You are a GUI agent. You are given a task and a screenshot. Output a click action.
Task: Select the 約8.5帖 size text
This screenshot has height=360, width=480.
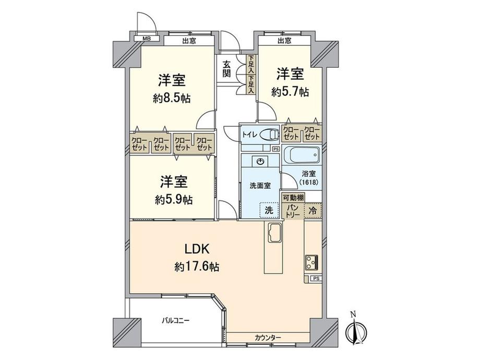pyautogui.click(x=172, y=99)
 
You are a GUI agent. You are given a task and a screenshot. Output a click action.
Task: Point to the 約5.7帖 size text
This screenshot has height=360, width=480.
pyautogui.click(x=290, y=91)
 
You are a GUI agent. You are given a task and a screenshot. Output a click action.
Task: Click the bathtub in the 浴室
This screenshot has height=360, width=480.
pyautogui.click(x=301, y=156)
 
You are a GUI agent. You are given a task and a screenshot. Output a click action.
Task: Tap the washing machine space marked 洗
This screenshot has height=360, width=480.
pyautogui.click(x=269, y=211)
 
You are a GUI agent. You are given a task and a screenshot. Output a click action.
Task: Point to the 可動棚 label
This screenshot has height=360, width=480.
pyautogui.click(x=293, y=198)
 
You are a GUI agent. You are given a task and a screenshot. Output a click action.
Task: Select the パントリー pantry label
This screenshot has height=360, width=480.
pyautogui.click(x=292, y=211)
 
